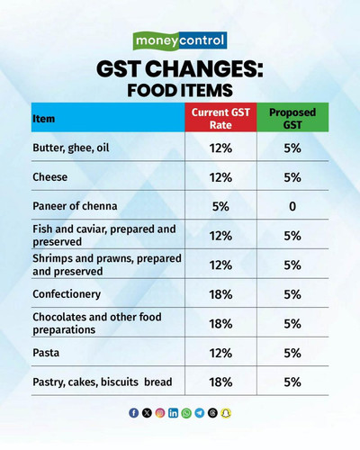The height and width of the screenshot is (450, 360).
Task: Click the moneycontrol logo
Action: [x=180, y=40]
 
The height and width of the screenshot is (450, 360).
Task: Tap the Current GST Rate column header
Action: [x=220, y=119]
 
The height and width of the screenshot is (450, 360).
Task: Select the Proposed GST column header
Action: [x=292, y=119]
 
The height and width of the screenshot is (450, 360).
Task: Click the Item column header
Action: [x=44, y=119]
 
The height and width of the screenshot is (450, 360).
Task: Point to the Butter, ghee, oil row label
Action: [x=71, y=148]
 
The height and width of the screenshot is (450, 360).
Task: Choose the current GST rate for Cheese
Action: [x=220, y=177]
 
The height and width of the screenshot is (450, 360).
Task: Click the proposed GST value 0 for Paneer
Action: [x=292, y=206]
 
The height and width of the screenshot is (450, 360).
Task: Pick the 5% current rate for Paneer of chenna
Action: [x=220, y=206]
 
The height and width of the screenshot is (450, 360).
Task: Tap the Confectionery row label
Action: [x=67, y=294]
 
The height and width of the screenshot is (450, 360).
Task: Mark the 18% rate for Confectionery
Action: [x=220, y=294]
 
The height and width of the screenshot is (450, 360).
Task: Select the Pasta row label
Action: [x=46, y=353]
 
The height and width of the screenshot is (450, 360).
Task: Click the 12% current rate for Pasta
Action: [x=220, y=353]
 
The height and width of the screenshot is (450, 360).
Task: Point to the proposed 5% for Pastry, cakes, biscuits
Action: [x=292, y=382]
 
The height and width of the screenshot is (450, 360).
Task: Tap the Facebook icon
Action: [x=134, y=413]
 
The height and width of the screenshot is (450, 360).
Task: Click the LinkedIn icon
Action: [x=173, y=413]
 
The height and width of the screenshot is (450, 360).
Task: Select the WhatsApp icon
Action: [x=186, y=413]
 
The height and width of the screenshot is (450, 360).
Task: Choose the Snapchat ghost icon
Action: [x=226, y=413]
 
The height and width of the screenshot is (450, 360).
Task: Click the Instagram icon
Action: [x=160, y=413]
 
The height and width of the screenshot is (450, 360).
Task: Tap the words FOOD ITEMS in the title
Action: [x=180, y=90]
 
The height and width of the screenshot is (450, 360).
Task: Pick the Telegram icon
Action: [x=200, y=413]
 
